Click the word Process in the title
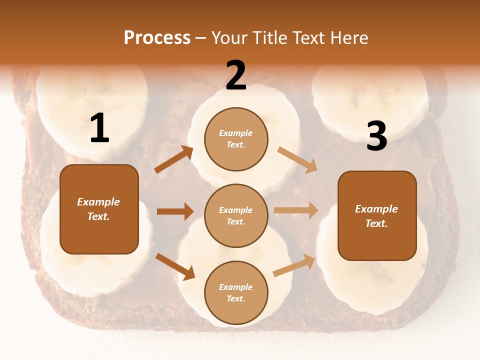[157, 37]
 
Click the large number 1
[100, 127]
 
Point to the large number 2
[236, 75]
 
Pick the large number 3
[377, 135]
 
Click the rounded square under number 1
[99, 209]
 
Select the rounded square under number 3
[377, 216]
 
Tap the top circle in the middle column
[236, 139]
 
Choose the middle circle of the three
[236, 216]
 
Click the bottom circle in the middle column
[236, 292]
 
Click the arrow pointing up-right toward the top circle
[173, 159]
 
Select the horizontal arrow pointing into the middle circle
[175, 211]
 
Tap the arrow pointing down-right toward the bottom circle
[175, 267]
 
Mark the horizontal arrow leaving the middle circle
[296, 210]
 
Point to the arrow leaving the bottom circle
[294, 265]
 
